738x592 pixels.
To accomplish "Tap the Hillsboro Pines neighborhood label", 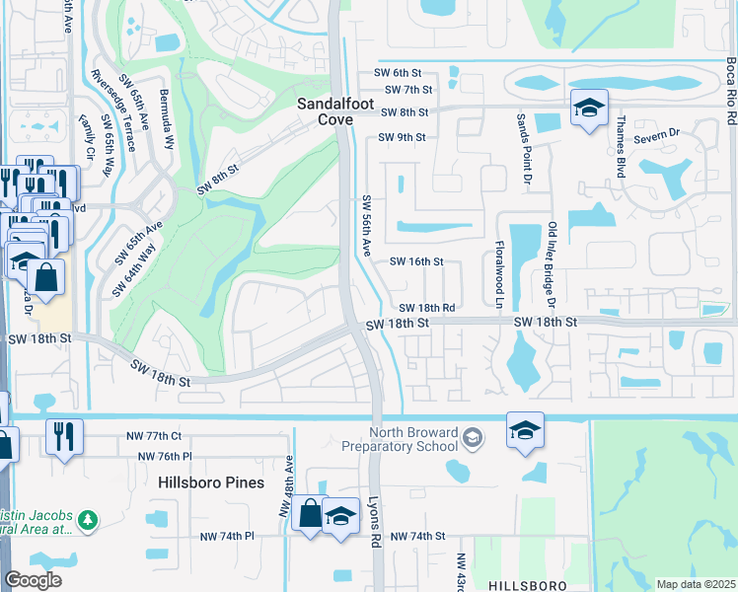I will (212, 482).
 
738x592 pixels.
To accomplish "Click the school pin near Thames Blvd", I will (589, 110).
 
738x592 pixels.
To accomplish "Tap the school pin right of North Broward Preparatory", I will (525, 430).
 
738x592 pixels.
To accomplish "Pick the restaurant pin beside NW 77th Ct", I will (64, 437).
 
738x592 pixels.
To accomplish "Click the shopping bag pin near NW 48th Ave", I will (310, 513).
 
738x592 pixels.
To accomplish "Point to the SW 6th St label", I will (398, 73).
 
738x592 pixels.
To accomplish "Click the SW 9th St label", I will (406, 137).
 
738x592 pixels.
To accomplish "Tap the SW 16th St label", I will (416, 261).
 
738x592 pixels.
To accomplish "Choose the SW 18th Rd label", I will (427, 308).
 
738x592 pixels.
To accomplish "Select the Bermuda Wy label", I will (169, 100).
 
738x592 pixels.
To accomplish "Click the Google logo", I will (34, 580).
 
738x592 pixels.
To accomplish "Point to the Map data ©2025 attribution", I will (695, 584).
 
